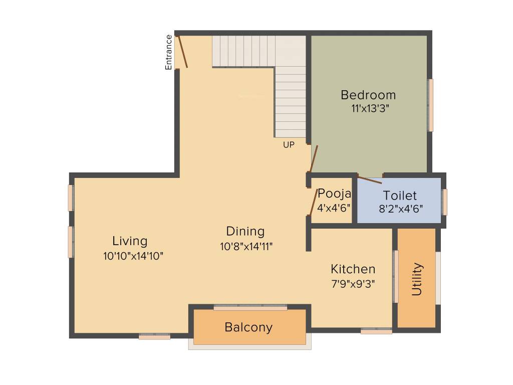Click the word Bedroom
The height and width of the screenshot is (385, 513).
368,95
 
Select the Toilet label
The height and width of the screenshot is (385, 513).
400,196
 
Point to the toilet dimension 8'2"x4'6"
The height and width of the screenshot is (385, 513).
401,209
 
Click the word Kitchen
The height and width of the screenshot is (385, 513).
353,269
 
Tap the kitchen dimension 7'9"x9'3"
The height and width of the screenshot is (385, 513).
353,283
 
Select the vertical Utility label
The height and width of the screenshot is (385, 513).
417,279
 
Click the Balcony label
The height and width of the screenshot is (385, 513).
248,327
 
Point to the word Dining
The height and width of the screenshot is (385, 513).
245,231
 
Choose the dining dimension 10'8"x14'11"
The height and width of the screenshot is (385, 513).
246,246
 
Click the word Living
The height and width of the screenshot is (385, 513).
130,241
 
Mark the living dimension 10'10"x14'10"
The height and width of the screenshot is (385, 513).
133,256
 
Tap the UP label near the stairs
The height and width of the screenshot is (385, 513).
289,145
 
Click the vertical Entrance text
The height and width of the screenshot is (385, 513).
169,52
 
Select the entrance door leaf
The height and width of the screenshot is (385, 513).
182,51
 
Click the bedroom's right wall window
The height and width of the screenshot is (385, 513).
430,105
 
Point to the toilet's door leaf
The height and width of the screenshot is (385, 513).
369,179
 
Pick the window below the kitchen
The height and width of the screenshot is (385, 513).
376,331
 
